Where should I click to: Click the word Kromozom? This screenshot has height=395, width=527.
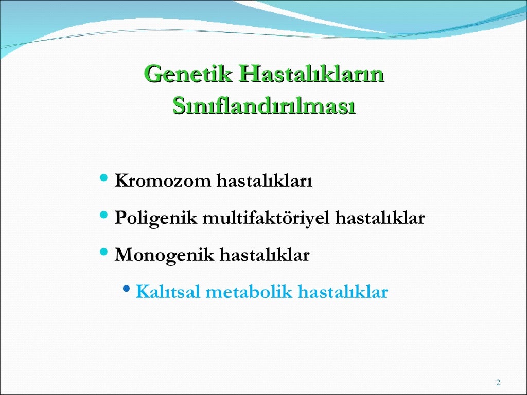(x=163, y=182)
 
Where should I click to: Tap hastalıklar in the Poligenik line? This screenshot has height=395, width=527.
(x=380, y=218)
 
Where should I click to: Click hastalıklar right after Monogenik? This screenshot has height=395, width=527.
(x=265, y=255)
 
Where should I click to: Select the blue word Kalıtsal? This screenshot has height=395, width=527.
(x=168, y=292)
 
